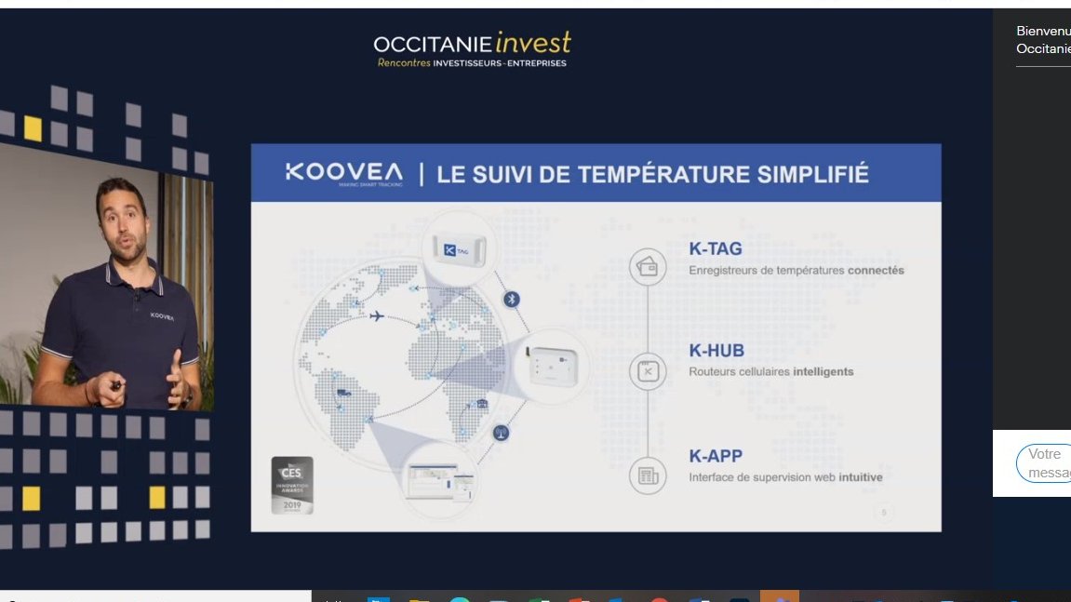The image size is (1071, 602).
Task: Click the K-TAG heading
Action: pos(716,249)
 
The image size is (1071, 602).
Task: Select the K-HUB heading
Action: pos(716,351)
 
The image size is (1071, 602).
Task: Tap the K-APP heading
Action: pos(716,457)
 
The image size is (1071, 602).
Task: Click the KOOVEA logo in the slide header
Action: pos(343,173)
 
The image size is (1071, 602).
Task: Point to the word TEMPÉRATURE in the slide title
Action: pos(666,174)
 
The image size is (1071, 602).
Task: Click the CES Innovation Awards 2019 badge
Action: pos(291,484)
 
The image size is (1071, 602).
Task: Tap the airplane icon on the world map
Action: pos(376,316)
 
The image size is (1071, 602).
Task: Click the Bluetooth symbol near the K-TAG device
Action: pos(511,299)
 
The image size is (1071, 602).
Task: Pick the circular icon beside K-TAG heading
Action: pos(648,267)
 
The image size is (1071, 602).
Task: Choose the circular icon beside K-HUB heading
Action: pos(648,371)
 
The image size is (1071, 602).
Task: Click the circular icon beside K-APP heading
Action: pos(648,476)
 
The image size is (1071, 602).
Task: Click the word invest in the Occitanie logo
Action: pos(533,43)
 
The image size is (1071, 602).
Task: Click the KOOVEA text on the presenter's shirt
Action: pos(162,316)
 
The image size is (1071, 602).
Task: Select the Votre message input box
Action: pos(1043,463)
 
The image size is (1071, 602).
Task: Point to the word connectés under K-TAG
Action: pos(875,271)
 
